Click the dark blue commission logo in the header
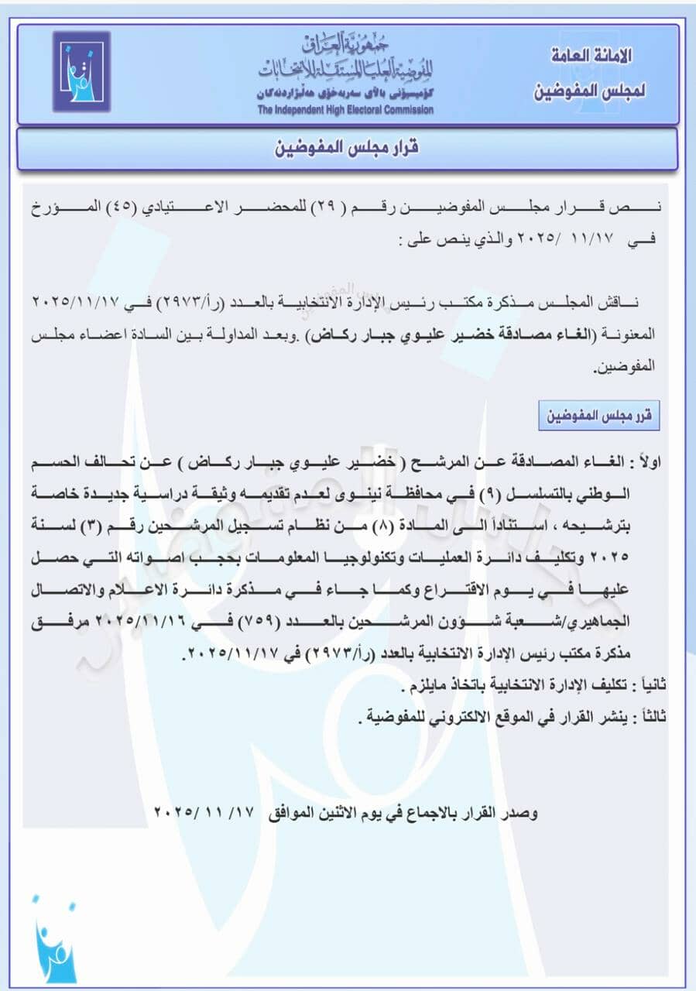click(81, 70)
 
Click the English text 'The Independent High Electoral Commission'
click(345, 110)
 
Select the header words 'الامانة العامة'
click(593, 56)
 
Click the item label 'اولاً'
click(652, 465)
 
